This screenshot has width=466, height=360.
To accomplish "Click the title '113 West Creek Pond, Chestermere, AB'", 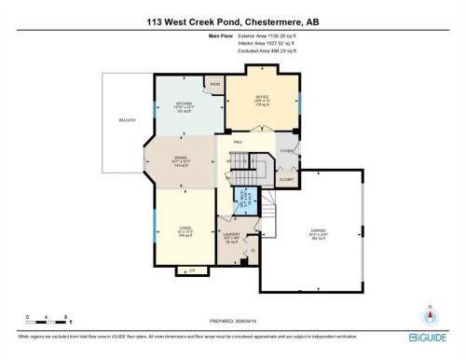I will (232, 20).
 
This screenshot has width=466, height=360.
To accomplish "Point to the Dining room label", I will (181, 161).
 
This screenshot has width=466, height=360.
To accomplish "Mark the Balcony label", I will (127, 120).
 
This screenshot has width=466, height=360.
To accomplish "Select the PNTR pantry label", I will (214, 85).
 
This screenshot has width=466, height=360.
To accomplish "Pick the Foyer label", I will (286, 149).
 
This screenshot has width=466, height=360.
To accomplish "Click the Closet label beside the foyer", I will (287, 180).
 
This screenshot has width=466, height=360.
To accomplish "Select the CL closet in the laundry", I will (251, 250).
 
